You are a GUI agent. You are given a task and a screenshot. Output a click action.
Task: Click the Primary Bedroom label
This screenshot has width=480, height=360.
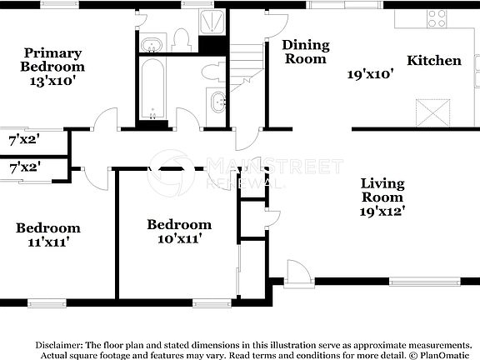coord(53,58)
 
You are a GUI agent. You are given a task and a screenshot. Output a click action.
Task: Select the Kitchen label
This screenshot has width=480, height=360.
coord(433,61)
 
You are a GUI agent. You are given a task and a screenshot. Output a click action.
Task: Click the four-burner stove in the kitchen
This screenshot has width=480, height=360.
coord(437,18)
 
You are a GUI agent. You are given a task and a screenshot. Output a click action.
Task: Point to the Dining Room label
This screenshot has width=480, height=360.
coord(306,51)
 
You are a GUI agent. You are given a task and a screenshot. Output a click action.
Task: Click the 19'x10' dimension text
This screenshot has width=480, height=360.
coord(370,73)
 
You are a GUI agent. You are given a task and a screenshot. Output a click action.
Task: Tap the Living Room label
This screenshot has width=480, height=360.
coord(382,190)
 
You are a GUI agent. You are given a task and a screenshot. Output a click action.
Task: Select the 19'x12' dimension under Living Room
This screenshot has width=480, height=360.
coord(382,212)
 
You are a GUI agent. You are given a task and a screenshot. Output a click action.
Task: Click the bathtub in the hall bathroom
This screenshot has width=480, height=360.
coord(152,89)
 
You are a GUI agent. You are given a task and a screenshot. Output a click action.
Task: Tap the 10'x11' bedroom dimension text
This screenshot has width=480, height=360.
coord(179,238)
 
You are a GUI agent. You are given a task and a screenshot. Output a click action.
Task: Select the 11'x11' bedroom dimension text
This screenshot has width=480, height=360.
coord(47,242)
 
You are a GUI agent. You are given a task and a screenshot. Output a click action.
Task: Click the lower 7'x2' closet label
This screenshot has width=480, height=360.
coord(24,167)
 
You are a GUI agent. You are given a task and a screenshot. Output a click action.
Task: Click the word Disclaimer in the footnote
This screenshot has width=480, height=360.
coord(58,344)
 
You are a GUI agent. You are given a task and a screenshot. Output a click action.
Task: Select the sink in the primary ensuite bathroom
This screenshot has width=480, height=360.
coord(153,44)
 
